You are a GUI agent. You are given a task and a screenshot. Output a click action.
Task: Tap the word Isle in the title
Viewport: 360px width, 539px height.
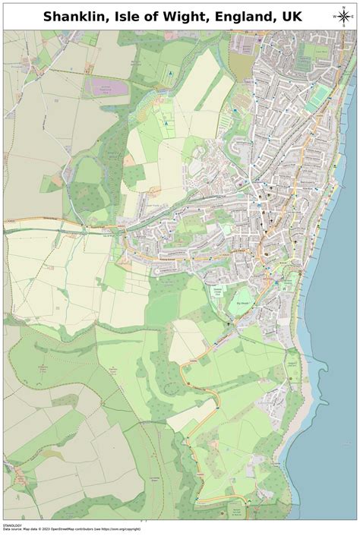pos(137,17)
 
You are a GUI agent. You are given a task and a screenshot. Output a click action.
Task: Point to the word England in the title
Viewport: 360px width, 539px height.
pos(256,17)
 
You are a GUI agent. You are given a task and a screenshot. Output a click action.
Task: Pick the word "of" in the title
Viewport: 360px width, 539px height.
pos(163,17)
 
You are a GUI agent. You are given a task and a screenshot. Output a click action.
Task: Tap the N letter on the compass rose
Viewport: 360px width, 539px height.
pos(339,7)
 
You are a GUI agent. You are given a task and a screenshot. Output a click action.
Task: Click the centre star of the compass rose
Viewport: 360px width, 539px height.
pos(339,17)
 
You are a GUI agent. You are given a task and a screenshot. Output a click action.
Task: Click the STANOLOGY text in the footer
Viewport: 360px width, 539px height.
pos(14,524)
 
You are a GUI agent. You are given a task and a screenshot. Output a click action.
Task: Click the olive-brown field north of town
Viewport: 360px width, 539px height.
pos(240,67)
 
